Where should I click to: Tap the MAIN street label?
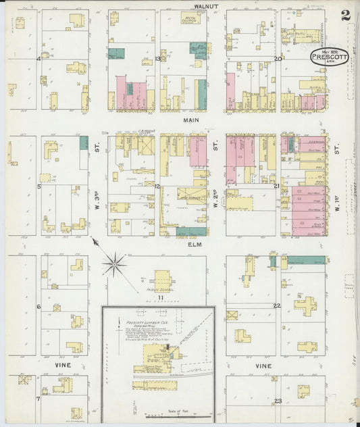[190, 120]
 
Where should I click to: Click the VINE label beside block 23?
[263, 366]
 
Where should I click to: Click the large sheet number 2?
[344, 16]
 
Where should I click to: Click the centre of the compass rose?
[115, 263]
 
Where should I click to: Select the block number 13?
[157, 59]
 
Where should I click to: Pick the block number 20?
[278, 59]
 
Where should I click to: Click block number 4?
[39, 59]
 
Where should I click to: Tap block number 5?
[39, 186]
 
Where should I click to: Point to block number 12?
[157, 186]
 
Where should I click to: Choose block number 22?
[277, 306]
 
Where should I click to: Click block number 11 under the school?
[161, 297]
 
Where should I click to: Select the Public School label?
[161, 291]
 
